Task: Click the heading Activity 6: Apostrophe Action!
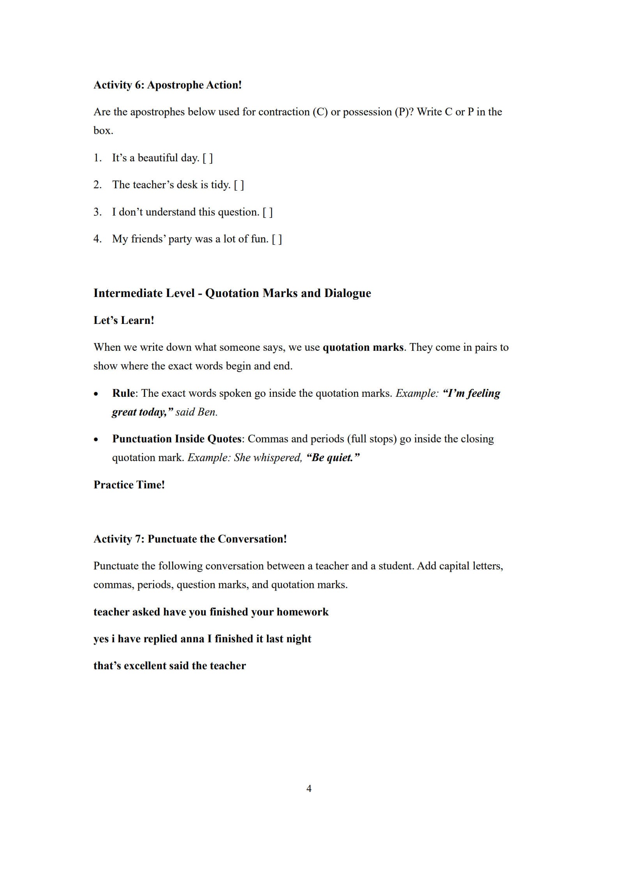(168, 85)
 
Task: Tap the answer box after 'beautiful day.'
(208, 158)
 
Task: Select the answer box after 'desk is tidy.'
(239, 185)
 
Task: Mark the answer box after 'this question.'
(268, 212)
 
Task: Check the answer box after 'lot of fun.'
(277, 239)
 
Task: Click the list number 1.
(97, 158)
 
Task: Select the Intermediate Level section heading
(232, 293)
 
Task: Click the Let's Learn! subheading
(124, 320)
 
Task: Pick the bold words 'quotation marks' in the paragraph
(363, 347)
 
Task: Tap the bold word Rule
(123, 393)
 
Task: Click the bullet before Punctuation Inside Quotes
(96, 440)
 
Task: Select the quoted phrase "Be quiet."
(333, 458)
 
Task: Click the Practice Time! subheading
(129, 485)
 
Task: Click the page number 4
(309, 789)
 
